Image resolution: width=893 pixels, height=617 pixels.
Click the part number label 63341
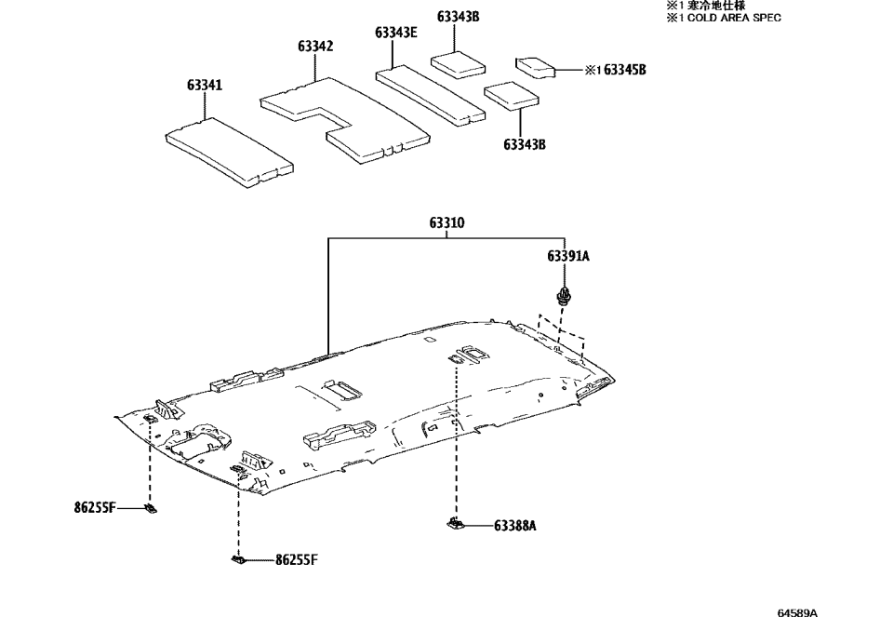tap(204, 86)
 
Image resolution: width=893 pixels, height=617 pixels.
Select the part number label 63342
tap(316, 46)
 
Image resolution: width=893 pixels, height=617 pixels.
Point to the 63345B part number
tap(625, 70)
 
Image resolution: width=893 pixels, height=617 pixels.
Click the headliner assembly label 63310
tap(447, 223)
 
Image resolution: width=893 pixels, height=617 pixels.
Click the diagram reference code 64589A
tap(797, 612)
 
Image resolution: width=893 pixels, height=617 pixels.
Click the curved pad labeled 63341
tap(228, 150)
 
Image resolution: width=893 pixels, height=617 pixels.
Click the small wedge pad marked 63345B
tap(534, 66)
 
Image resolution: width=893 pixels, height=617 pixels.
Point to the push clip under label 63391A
tap(564, 298)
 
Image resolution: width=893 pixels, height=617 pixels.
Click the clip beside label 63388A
tap(455, 525)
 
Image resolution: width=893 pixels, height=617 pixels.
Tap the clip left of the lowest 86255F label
tap(238, 559)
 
